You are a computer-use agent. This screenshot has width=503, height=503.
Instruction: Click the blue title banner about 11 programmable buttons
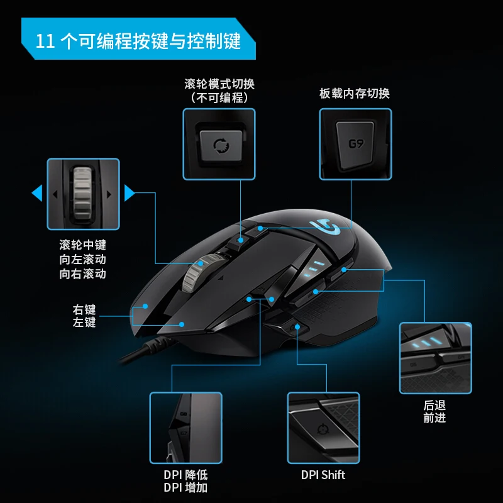(x=138, y=39)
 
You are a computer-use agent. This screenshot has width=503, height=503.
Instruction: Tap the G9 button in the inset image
(x=355, y=145)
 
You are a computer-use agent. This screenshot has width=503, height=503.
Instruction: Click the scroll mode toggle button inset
(x=219, y=144)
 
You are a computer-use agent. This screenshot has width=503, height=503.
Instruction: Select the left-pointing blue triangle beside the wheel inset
(x=37, y=193)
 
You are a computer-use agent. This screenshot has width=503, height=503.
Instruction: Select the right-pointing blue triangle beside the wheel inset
(x=130, y=193)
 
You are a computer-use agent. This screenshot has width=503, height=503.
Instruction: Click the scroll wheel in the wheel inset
(x=83, y=194)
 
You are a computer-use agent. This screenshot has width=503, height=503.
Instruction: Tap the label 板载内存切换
(x=355, y=93)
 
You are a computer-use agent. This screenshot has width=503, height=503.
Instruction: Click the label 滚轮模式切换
(x=219, y=84)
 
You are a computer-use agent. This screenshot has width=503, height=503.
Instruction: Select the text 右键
(x=84, y=309)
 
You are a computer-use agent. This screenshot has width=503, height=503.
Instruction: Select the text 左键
(x=84, y=322)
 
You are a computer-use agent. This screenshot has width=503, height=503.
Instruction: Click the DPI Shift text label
(x=323, y=475)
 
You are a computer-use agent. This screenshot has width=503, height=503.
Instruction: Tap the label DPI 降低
(x=185, y=475)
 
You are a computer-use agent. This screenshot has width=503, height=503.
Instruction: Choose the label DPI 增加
(x=185, y=488)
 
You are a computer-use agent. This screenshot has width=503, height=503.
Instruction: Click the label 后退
(x=434, y=406)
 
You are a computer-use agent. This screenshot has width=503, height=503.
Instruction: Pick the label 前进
(x=434, y=418)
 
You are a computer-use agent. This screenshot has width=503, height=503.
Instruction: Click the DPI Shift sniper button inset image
(x=323, y=428)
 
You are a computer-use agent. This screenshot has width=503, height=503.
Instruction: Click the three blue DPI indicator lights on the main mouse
(x=313, y=268)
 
